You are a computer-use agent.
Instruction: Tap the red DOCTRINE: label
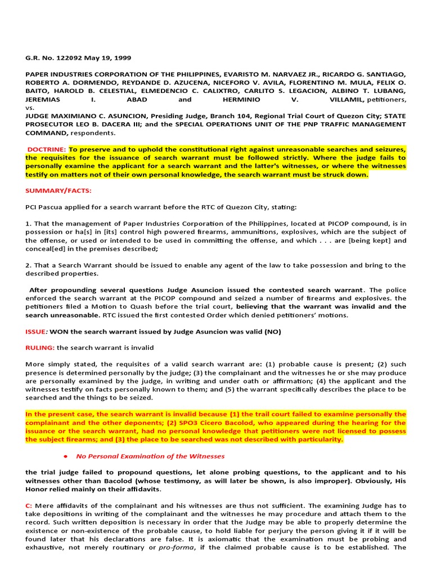point(48,149)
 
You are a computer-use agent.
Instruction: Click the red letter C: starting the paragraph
point(29,505)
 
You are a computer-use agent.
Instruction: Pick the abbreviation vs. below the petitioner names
point(30,107)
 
